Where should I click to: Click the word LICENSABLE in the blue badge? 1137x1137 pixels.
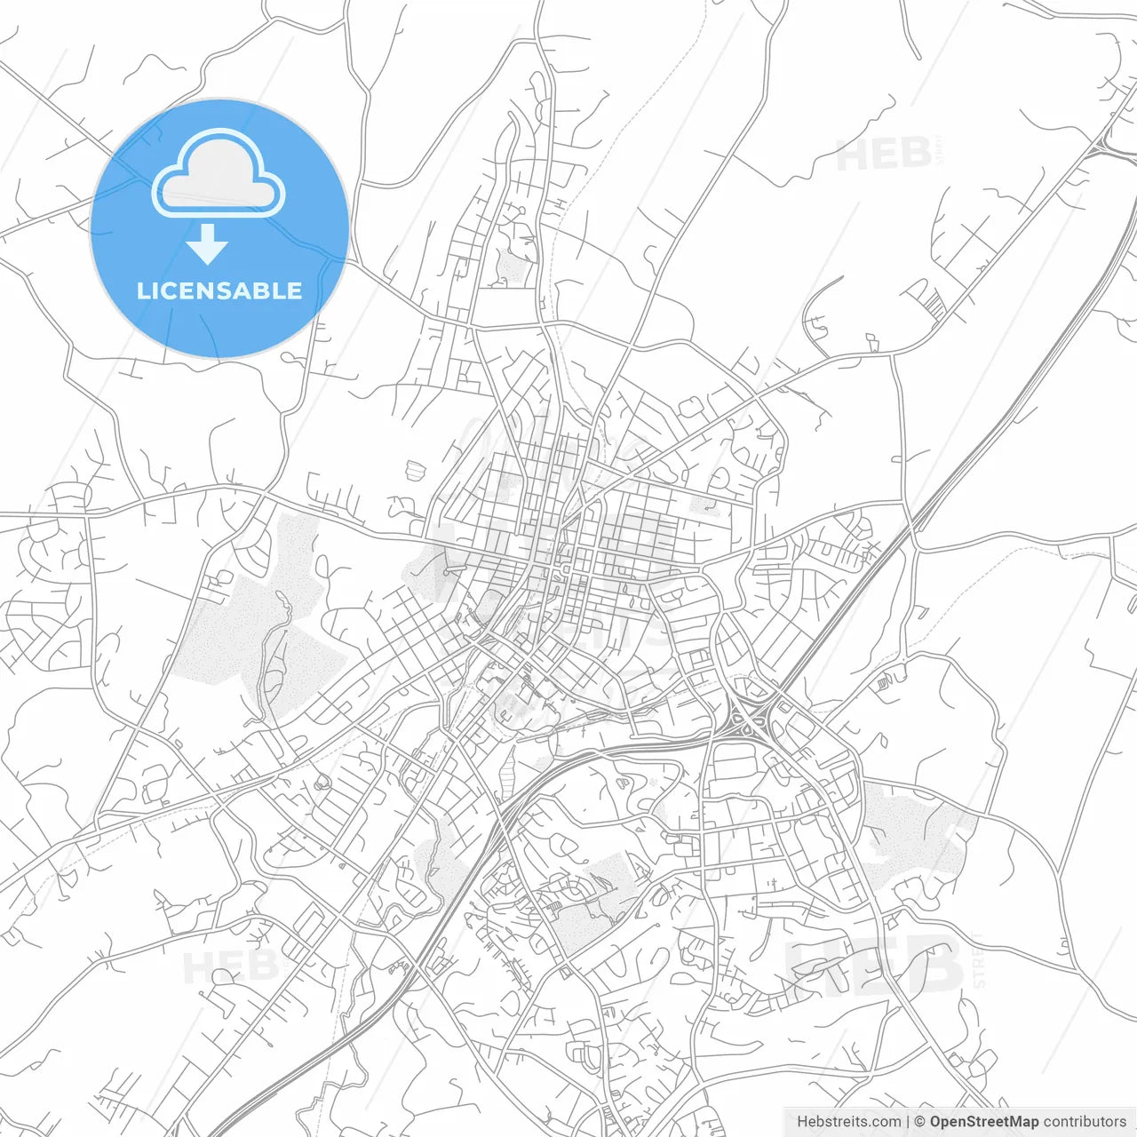(x=219, y=290)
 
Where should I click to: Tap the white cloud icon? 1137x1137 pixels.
(x=219, y=173)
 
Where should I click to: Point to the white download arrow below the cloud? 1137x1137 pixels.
(x=208, y=244)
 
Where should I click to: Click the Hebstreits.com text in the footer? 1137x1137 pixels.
(x=848, y=1122)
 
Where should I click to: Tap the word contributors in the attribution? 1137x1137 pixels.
(x=1085, y=1122)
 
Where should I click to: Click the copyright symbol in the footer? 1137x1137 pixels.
(x=920, y=1122)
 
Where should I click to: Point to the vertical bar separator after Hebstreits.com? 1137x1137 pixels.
(x=908, y=1122)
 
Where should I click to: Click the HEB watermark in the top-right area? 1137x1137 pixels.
(x=884, y=155)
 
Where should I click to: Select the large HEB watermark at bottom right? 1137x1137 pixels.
(x=875, y=965)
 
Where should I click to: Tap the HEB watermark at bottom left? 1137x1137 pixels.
(x=227, y=966)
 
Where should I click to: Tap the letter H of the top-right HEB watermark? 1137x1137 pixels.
(x=852, y=155)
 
